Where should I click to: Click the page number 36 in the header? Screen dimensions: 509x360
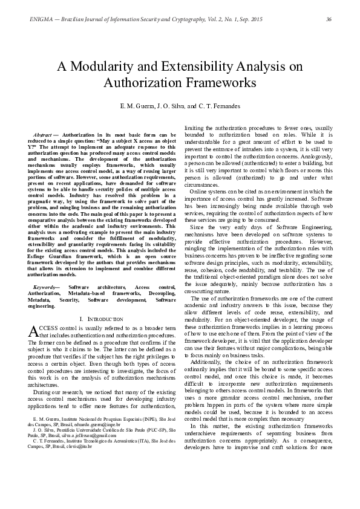(x=329, y=20)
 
